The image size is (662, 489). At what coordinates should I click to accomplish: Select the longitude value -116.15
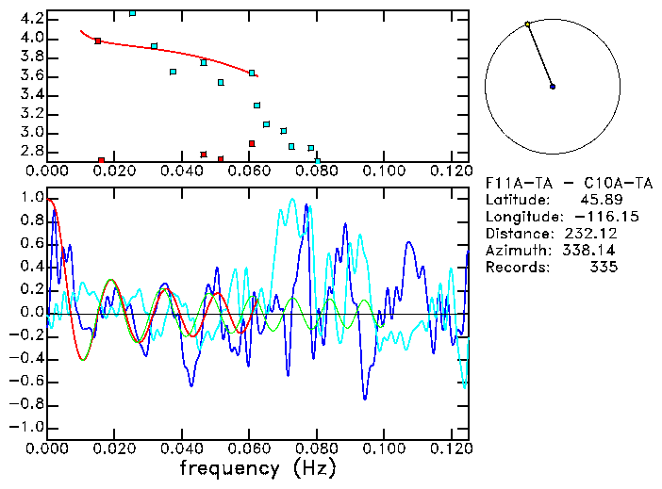click(x=588, y=217)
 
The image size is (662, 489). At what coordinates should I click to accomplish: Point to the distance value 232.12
click(x=591, y=234)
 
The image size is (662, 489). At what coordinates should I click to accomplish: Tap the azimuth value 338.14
click(x=591, y=251)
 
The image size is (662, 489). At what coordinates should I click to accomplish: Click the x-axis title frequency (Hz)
click(x=257, y=468)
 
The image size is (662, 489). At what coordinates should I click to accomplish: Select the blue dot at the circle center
click(x=553, y=87)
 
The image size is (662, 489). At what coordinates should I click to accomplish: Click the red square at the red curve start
click(x=97, y=41)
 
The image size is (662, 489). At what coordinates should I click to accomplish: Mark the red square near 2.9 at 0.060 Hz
click(x=252, y=143)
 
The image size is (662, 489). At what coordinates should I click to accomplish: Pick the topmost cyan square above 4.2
click(x=132, y=12)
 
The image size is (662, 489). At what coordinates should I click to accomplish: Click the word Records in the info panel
click(x=514, y=268)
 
